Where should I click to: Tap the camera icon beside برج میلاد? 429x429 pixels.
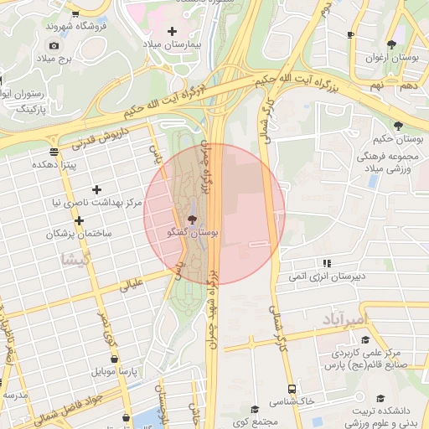(x=54, y=45)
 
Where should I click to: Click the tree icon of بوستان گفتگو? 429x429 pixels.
(x=193, y=220)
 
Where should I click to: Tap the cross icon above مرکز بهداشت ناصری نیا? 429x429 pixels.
(x=96, y=189)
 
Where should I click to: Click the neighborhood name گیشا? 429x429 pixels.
(x=74, y=260)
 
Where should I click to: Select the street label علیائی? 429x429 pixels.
(x=133, y=286)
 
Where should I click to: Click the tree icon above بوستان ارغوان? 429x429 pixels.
(x=390, y=44)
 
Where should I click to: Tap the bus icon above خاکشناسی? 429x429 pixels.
(x=292, y=389)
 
